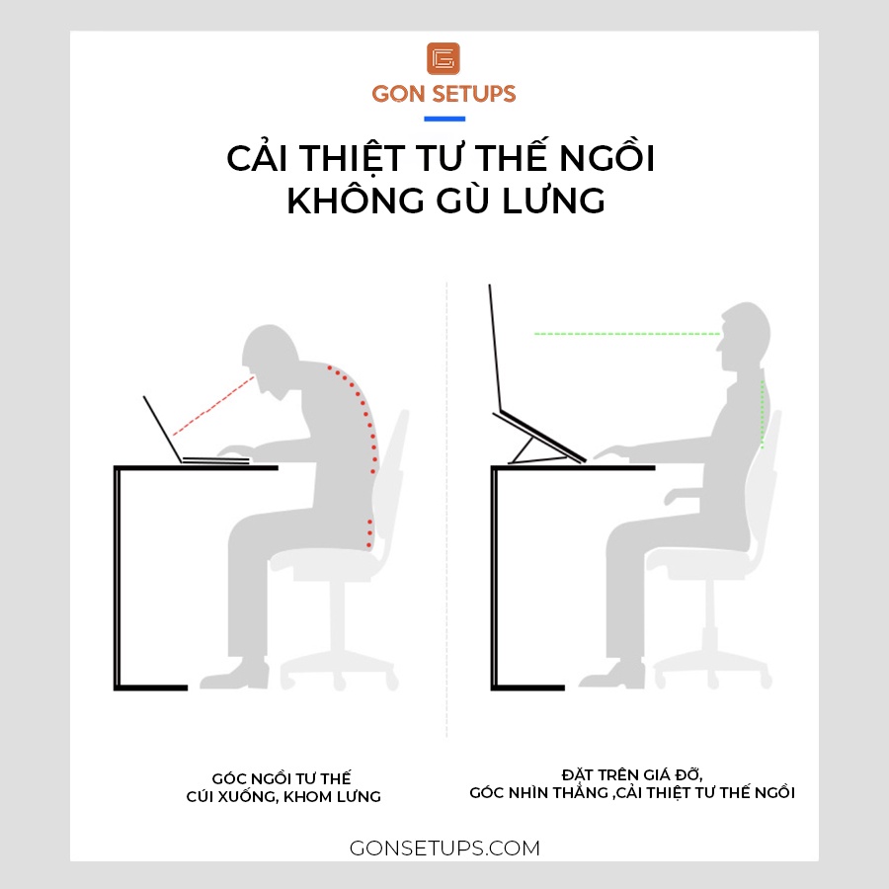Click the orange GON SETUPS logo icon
[444, 58]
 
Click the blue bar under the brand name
[444, 120]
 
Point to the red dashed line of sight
[213, 406]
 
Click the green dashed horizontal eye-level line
[627, 334]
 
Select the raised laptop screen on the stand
[495, 347]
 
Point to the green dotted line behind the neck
[763, 414]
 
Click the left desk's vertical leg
[118, 577]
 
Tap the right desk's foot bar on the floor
[527, 687]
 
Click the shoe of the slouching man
[234, 675]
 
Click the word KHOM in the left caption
[307, 796]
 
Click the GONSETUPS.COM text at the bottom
[444, 849]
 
